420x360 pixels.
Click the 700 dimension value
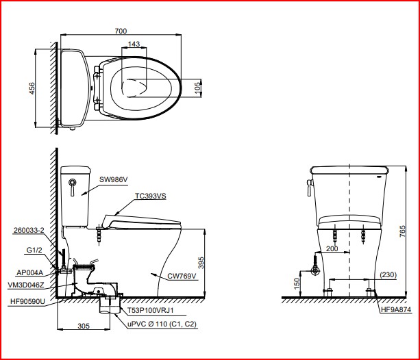pyautogui.click(x=121, y=31)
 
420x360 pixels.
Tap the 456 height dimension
pyautogui.click(x=32, y=88)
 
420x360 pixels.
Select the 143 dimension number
pyautogui.click(x=134, y=44)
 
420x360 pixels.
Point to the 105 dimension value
pyautogui.click(x=197, y=88)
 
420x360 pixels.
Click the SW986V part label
pyautogui.click(x=114, y=179)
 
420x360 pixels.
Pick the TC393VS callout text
pyautogui.click(x=151, y=196)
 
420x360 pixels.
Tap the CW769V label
pyautogui.click(x=182, y=276)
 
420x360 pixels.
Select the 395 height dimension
pyautogui.click(x=201, y=263)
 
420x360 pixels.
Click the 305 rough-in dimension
pyautogui.click(x=84, y=326)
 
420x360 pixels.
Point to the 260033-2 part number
pyautogui.click(x=29, y=230)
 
